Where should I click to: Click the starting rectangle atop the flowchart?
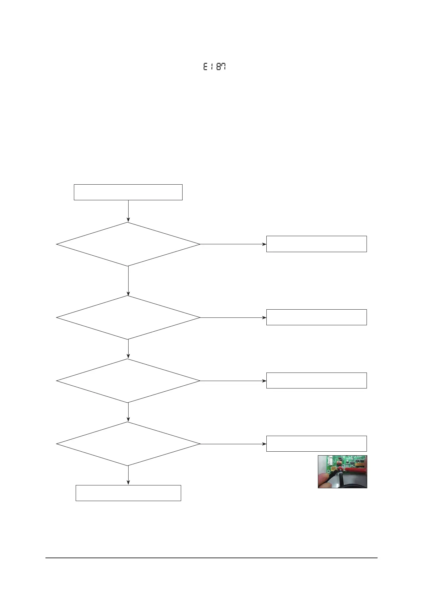coord(128,192)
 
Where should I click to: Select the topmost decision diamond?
coord(128,244)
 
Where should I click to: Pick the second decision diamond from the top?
coord(128,317)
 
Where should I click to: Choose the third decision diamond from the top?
coord(128,381)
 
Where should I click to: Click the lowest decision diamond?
coord(128,444)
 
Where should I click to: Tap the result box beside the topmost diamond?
coord(316,244)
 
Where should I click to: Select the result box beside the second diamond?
coord(316,317)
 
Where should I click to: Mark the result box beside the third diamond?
coord(316,380)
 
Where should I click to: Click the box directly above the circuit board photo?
coord(316,444)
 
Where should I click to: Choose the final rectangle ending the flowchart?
coord(128,493)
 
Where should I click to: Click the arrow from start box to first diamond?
coord(128,211)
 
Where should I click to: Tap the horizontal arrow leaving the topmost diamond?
coord(233,244)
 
